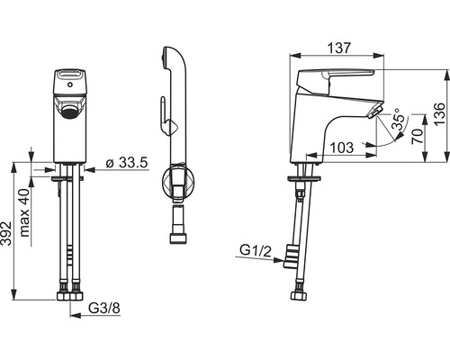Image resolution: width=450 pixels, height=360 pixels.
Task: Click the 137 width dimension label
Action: tap(339, 48)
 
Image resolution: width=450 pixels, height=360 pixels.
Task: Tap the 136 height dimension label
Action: tap(440, 114)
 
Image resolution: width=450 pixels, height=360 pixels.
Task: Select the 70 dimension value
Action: tap(418, 137)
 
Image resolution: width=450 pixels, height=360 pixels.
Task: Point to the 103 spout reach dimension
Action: tap(342, 148)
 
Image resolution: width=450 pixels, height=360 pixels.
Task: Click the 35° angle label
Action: tap(400, 119)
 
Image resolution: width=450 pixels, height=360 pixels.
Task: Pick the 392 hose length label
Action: tap(6, 233)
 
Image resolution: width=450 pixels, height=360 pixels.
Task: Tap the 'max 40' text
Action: tap(24, 212)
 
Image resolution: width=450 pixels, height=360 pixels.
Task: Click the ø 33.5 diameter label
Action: tap(127, 163)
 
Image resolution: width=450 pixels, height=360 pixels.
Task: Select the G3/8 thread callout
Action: tap(104, 308)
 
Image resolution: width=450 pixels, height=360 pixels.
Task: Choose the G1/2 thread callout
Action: tap(256, 250)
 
